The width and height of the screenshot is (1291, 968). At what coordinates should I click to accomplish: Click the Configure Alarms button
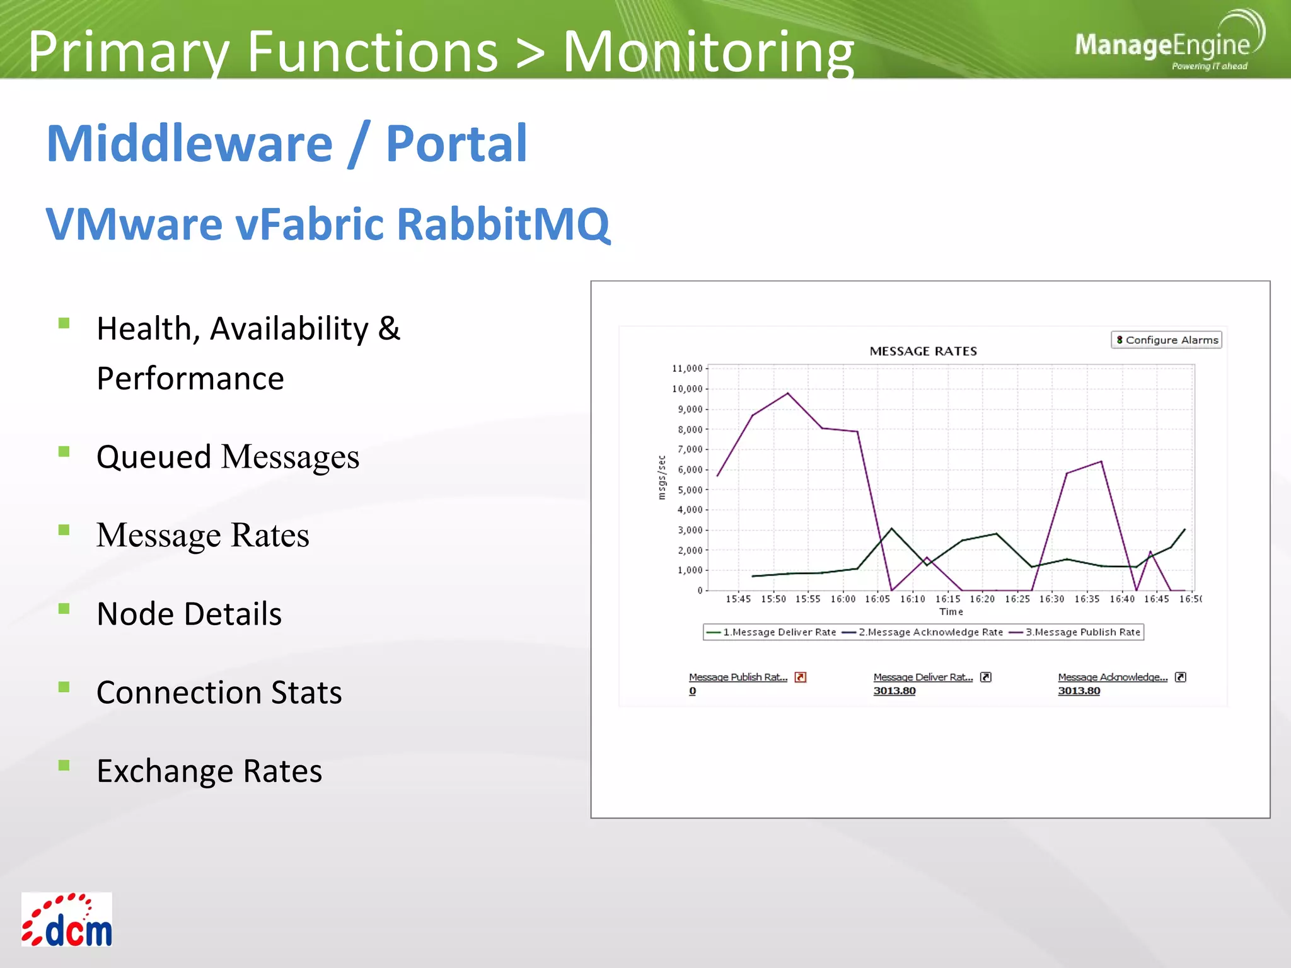(1166, 340)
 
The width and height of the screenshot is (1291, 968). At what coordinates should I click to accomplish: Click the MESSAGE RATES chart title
(923, 351)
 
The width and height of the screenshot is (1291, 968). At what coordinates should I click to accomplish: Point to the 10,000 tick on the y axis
(687, 389)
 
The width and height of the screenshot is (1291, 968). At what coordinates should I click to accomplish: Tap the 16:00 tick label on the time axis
(843, 599)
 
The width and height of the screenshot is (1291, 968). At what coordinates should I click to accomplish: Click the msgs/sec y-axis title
(661, 478)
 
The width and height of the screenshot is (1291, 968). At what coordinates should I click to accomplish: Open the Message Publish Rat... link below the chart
(738, 677)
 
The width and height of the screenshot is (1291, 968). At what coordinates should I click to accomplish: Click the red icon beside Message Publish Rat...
(801, 677)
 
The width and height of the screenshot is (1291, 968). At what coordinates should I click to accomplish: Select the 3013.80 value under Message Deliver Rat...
(894, 691)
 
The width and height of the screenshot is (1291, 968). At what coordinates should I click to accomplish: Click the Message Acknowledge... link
(1112, 677)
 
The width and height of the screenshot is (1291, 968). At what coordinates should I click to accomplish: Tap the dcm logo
(67, 919)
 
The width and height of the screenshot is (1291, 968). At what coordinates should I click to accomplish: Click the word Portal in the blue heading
(456, 144)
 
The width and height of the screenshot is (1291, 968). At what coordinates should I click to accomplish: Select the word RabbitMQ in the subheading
(503, 224)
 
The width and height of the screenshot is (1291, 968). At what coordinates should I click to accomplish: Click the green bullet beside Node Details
(64, 608)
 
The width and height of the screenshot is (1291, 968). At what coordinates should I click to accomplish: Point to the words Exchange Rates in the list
(209, 771)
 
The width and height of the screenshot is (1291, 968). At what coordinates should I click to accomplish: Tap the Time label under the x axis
(951, 611)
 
